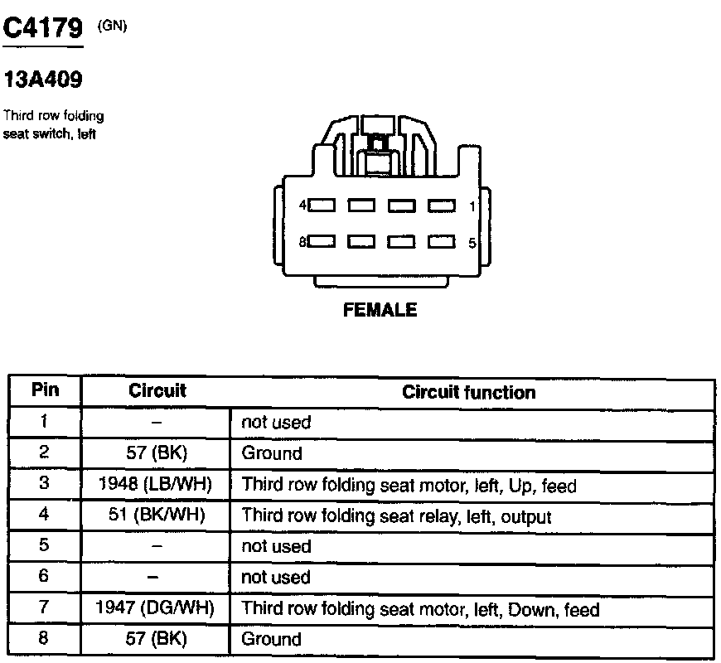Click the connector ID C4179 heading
(x=43, y=29)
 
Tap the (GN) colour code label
(x=112, y=25)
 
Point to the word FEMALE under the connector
(x=380, y=311)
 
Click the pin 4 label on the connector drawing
(x=303, y=205)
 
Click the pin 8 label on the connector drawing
(x=303, y=242)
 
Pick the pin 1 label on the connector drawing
(x=472, y=205)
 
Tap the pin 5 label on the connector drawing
(x=472, y=243)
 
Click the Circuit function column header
(x=468, y=392)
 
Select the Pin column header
(x=45, y=390)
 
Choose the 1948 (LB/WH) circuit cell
(x=157, y=485)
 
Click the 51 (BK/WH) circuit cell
(x=157, y=515)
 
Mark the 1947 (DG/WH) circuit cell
(x=157, y=609)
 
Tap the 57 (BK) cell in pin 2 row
(x=157, y=453)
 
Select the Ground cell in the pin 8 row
(x=272, y=639)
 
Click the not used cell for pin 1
(x=276, y=422)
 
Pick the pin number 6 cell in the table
(x=44, y=577)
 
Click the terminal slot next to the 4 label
(x=322, y=205)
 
